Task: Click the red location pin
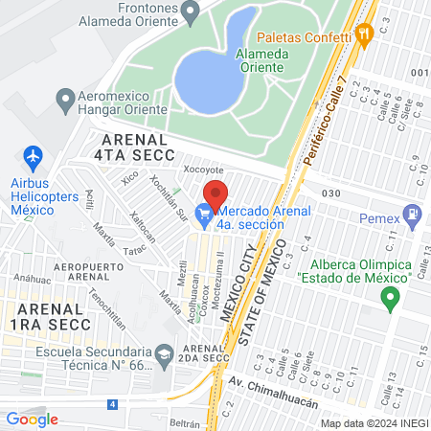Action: [x=215, y=193]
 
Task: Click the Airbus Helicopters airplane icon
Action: [x=33, y=155]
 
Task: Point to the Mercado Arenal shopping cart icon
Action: [x=203, y=216]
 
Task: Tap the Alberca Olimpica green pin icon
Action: [x=389, y=300]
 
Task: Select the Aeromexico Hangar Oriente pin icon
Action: [x=66, y=98]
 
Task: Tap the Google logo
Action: [x=33, y=419]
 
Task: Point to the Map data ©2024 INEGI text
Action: [x=374, y=422]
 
